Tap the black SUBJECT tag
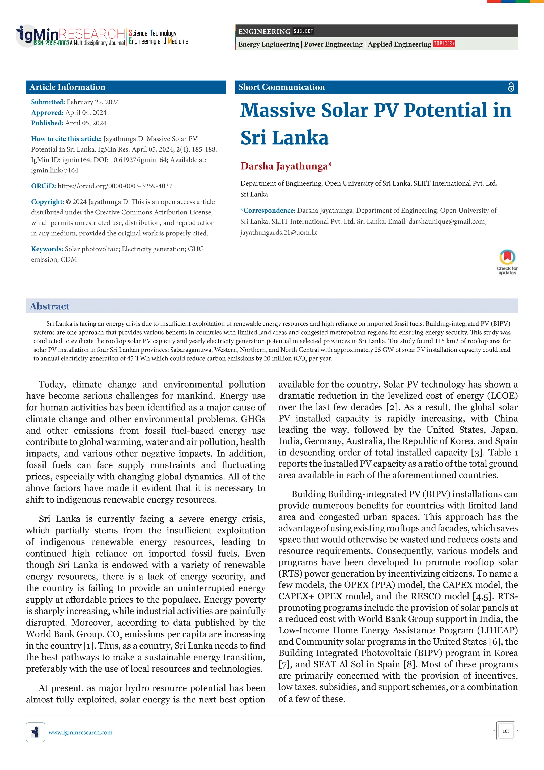click(x=303, y=31)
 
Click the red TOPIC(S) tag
click(x=444, y=44)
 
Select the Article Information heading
click(x=67, y=87)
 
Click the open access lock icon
click(x=511, y=87)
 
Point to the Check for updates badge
click(x=507, y=262)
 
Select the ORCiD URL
click(x=115, y=186)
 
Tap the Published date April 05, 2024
click(x=86, y=123)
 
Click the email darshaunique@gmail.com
click(x=447, y=221)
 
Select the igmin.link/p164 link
click(x=55, y=170)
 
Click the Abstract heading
click(x=50, y=306)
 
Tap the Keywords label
click(x=47, y=249)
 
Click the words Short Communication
click(x=282, y=87)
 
